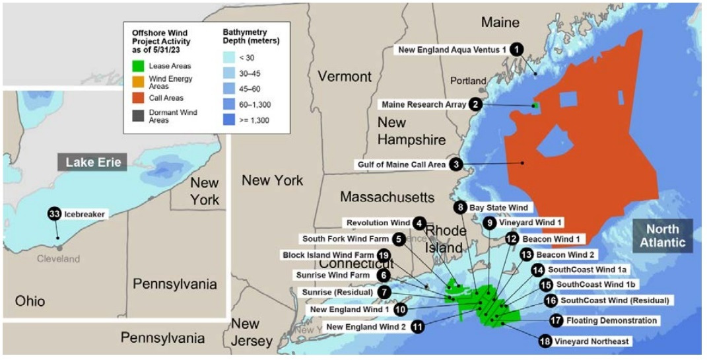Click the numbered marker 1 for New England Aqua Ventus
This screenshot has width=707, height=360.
[516, 49]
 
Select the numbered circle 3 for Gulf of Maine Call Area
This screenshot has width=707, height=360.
[455, 164]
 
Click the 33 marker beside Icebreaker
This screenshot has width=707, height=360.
[54, 214]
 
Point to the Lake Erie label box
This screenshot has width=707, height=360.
[93, 161]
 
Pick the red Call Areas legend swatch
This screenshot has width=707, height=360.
[138, 98]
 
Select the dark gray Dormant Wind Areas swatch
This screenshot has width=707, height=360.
[138, 116]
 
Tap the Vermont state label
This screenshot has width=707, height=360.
[345, 77]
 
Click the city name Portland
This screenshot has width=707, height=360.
[467, 81]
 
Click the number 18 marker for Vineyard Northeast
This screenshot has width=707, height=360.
[545, 341]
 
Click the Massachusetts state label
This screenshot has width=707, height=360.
[387, 197]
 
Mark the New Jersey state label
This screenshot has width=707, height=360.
[252, 332]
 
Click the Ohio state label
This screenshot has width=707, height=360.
[30, 301]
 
